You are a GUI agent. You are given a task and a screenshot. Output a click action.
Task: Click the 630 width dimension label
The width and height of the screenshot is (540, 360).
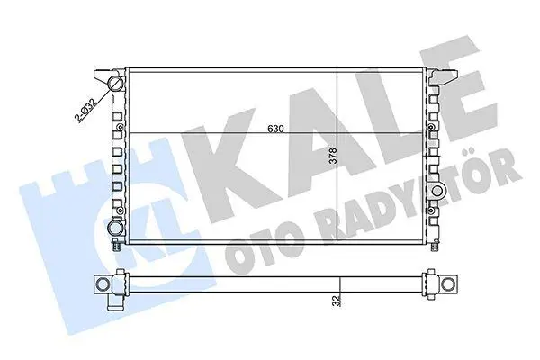(275, 130)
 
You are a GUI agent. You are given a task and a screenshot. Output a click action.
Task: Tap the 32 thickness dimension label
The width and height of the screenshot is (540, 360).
(337, 300)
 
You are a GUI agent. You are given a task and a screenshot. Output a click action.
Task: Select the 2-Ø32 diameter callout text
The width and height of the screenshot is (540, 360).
(85, 111)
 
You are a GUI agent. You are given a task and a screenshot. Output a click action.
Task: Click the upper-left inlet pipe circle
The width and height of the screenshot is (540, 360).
(115, 83)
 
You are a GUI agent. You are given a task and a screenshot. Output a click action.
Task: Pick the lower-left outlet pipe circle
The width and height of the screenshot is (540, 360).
(114, 228)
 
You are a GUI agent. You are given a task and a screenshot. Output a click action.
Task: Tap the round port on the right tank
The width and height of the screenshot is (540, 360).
(437, 191)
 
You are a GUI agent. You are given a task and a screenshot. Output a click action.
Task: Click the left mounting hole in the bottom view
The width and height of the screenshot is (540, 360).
(103, 283)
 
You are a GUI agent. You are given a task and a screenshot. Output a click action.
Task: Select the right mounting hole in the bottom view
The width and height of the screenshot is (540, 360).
(448, 284)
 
